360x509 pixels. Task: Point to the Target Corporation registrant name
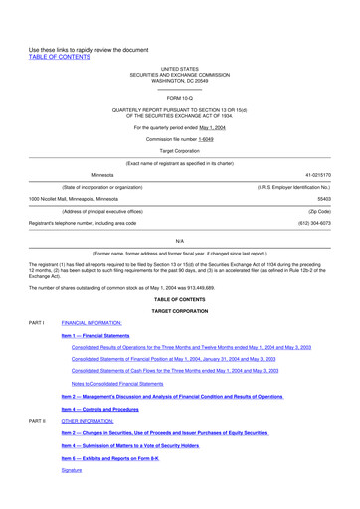(180, 152)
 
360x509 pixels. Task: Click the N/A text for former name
(180, 241)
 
